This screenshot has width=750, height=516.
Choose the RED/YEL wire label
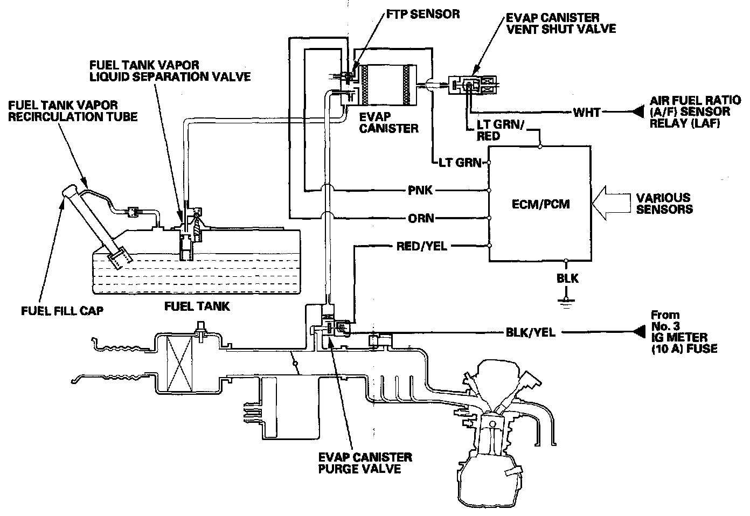pyautogui.click(x=421, y=247)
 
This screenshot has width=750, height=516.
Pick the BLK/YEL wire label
pyautogui.click(x=531, y=333)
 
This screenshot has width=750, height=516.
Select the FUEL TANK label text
pyautogui.click(x=197, y=306)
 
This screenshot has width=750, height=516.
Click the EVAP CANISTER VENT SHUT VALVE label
pyautogui.click(x=560, y=23)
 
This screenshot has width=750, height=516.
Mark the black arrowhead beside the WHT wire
pyautogui.click(x=638, y=113)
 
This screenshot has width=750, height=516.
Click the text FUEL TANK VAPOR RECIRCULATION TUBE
pyautogui.click(x=72, y=110)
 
